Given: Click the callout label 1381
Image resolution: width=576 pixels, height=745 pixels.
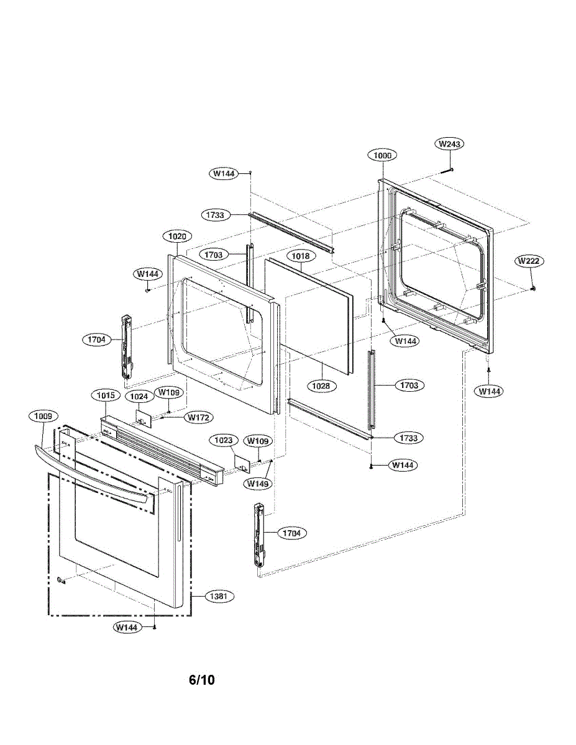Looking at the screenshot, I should [221, 597].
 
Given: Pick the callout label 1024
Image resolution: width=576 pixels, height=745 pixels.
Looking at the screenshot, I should [138, 395].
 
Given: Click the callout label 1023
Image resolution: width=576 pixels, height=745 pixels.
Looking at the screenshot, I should [223, 440].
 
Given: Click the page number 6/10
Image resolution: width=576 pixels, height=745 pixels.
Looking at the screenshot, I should [202, 680].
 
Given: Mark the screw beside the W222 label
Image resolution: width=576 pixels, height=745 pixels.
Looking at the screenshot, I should [533, 289].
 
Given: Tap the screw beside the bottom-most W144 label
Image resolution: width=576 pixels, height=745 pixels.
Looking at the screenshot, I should [154, 628].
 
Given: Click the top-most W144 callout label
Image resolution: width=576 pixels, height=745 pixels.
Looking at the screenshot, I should [223, 174].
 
